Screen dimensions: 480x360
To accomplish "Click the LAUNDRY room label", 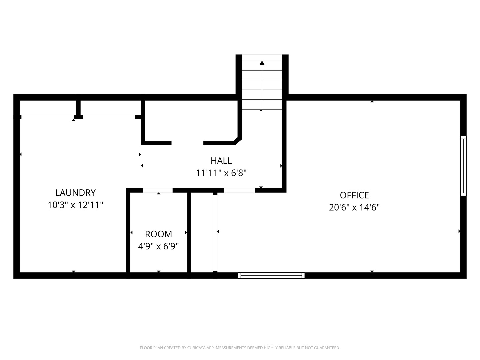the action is click(75, 193).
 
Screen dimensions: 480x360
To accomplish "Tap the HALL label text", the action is click(221, 161).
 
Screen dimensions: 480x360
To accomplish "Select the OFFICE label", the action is click(354, 195).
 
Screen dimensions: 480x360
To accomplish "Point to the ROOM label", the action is click(158, 234).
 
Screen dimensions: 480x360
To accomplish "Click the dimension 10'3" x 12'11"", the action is click(75, 205).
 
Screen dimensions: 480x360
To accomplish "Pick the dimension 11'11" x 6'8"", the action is click(221, 173).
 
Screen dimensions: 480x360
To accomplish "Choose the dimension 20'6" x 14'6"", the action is click(354, 207).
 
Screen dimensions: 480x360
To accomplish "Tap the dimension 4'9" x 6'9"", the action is click(158, 246).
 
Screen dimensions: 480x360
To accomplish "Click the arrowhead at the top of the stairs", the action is click(262, 63).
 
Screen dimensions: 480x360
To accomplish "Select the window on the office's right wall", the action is click(463, 166).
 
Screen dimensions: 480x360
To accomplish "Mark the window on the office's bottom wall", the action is click(271, 275).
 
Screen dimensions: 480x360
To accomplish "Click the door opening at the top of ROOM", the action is click(157, 190).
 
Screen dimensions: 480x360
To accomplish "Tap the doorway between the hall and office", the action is click(239, 190).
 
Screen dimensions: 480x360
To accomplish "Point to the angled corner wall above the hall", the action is click(238, 141).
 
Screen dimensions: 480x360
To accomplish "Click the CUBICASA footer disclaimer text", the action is click(240, 348).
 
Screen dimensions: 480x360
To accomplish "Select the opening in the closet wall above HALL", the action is click(187, 143).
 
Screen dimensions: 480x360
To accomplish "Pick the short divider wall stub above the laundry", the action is click(78, 108).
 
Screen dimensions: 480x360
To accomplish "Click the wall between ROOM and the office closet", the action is click(189, 233).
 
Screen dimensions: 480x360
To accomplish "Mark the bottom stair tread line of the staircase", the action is click(262, 109).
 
